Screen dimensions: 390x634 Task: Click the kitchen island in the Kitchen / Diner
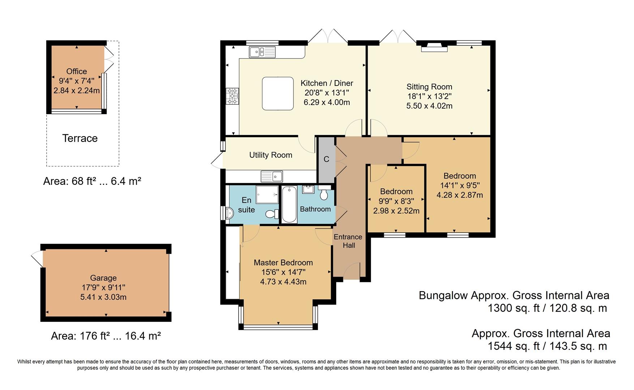click(278, 93)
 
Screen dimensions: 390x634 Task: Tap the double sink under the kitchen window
click(262, 52)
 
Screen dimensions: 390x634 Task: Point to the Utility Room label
click(270, 155)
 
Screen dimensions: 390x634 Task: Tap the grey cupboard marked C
click(326, 160)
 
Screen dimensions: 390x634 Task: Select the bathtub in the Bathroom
click(289, 204)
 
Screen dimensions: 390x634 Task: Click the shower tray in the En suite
click(267, 195)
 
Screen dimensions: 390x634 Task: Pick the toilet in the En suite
click(271, 214)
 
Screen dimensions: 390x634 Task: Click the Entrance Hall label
click(348, 241)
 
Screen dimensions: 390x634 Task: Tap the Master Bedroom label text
click(283, 263)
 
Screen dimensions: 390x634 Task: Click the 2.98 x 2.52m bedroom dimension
click(396, 211)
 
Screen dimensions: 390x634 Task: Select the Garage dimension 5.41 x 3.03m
click(103, 297)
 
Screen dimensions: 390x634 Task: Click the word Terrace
click(80, 138)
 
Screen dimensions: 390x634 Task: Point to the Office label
click(77, 71)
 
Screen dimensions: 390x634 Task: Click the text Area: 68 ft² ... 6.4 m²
click(92, 181)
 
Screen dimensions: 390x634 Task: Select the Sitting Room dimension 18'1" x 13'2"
click(429, 96)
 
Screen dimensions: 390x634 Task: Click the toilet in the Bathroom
click(324, 194)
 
